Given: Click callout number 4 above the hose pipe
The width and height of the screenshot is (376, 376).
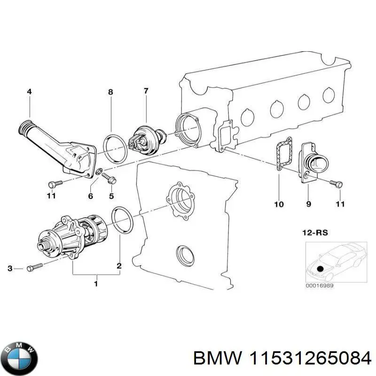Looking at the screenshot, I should click(29, 93).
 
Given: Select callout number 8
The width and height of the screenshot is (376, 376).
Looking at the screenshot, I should click(110, 93).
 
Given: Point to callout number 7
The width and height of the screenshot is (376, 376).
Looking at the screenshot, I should click(146, 91).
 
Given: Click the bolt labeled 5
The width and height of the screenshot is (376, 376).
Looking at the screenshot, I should click(109, 178).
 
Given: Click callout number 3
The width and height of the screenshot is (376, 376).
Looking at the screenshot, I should click(10, 268).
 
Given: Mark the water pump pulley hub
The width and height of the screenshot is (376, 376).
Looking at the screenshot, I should click(47, 245).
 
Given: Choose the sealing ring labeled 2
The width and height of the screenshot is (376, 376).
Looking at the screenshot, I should click(124, 220).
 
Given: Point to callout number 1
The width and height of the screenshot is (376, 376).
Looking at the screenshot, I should click(96, 283).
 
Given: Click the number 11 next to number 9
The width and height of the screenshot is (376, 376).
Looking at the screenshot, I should click(340, 204).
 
